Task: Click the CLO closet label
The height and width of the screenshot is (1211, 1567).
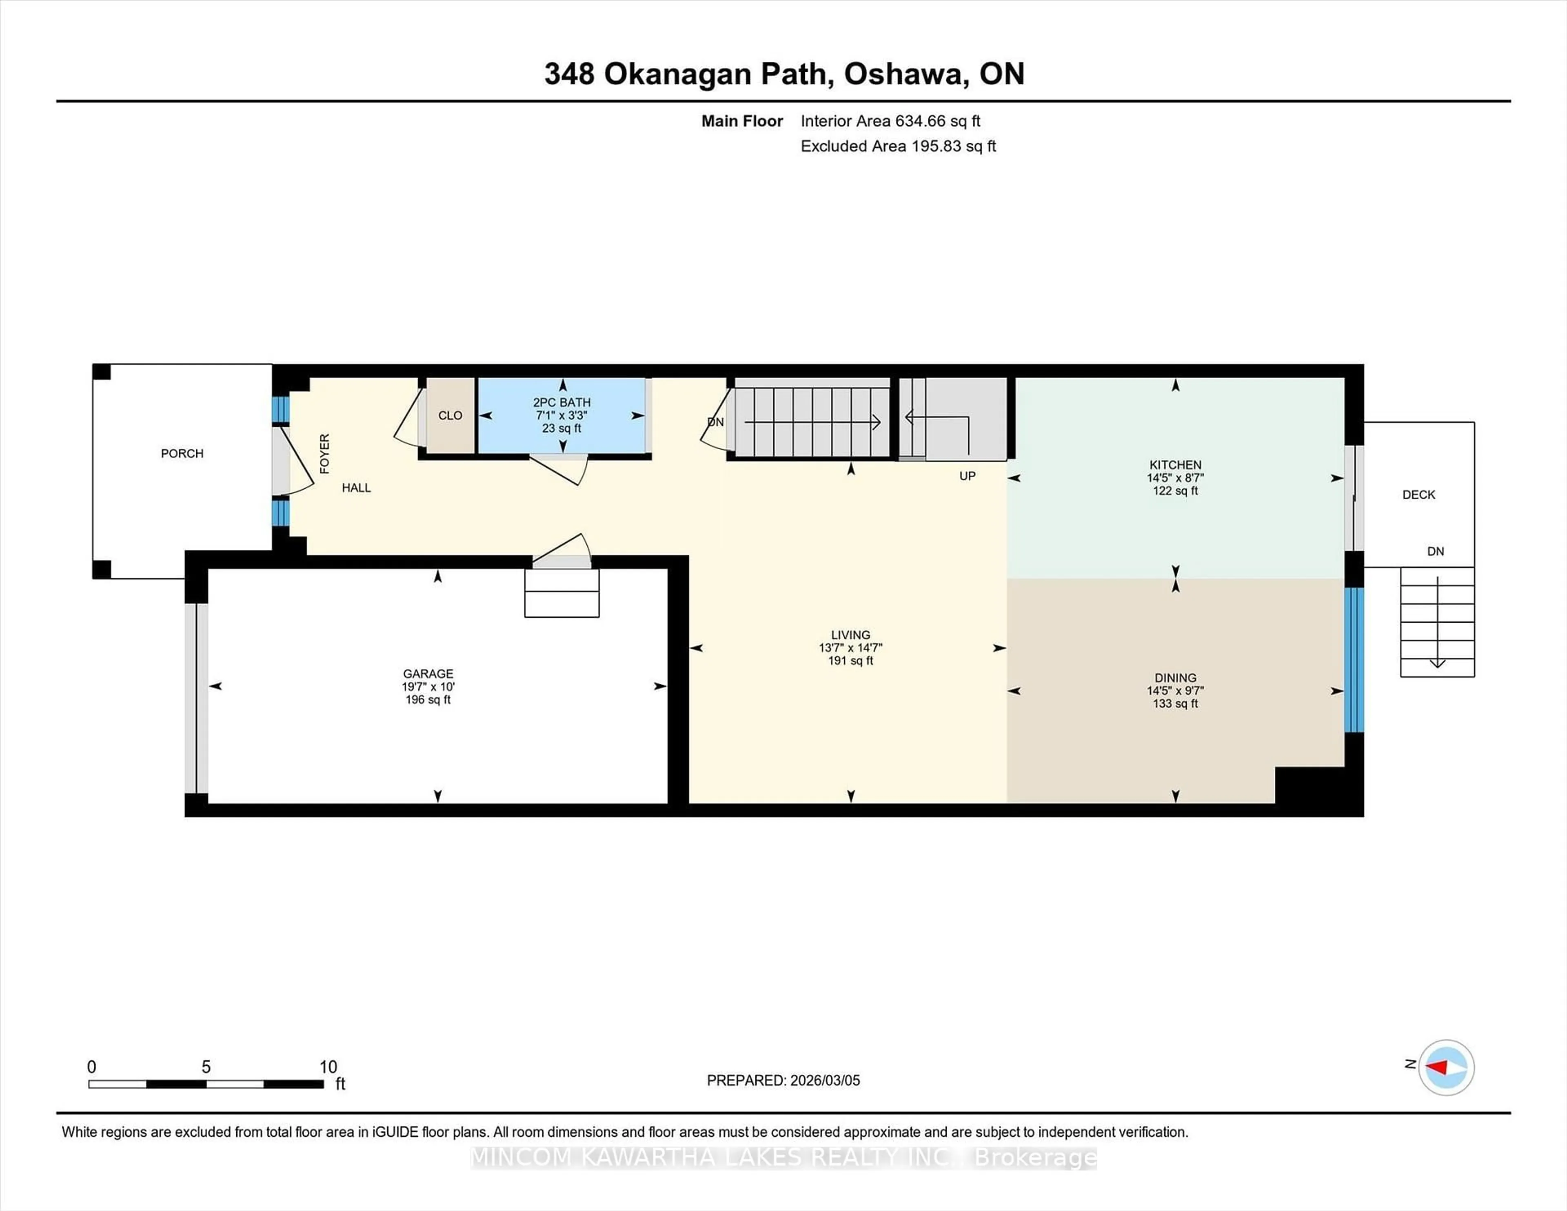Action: coord(450,415)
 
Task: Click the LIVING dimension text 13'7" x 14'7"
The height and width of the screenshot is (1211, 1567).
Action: coord(850,647)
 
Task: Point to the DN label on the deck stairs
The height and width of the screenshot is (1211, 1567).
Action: coord(1435,551)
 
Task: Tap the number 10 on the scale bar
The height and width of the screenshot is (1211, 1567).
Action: coord(328,1067)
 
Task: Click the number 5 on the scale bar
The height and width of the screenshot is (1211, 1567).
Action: coord(206,1067)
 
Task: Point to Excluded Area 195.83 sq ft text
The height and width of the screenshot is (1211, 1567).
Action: coord(898,146)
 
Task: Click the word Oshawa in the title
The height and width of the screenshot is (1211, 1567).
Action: coord(903,74)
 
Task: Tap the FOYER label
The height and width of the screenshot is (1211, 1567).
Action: coord(324,453)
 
